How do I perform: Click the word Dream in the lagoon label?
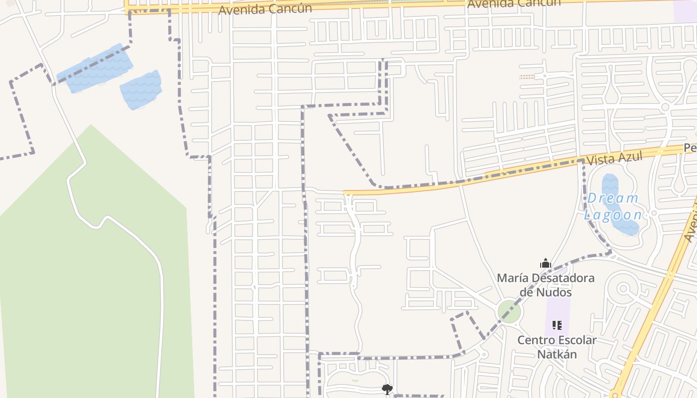(612, 198)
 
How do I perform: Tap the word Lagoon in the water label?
(613, 215)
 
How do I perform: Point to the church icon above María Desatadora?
(546, 263)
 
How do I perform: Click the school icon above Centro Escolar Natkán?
(557, 325)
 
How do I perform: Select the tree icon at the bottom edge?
(387, 389)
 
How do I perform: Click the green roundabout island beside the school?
(509, 311)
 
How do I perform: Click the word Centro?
(534, 340)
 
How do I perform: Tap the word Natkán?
(557, 354)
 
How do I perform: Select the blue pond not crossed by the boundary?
(142, 90)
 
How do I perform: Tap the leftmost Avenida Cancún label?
(265, 9)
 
